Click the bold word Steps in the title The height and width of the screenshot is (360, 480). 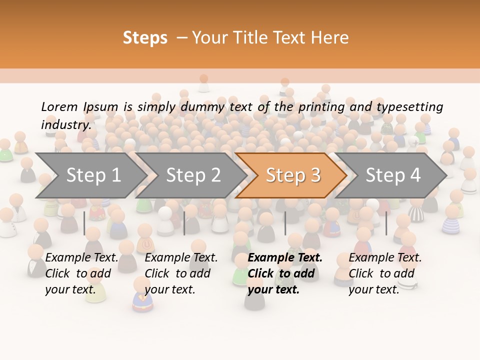145,38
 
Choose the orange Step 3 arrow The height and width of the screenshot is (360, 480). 293,175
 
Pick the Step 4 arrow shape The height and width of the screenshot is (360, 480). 393,175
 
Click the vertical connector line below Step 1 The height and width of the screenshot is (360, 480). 84,223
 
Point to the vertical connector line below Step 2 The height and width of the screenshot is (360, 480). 184,223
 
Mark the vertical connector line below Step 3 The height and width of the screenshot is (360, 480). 285,223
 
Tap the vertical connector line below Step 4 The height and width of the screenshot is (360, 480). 386,223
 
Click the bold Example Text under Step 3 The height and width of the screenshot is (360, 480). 285,258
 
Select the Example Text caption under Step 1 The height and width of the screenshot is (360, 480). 81,258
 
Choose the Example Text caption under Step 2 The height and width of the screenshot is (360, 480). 181,258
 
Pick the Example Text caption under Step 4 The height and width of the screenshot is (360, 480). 385,258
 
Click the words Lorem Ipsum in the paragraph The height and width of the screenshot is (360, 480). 79,107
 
